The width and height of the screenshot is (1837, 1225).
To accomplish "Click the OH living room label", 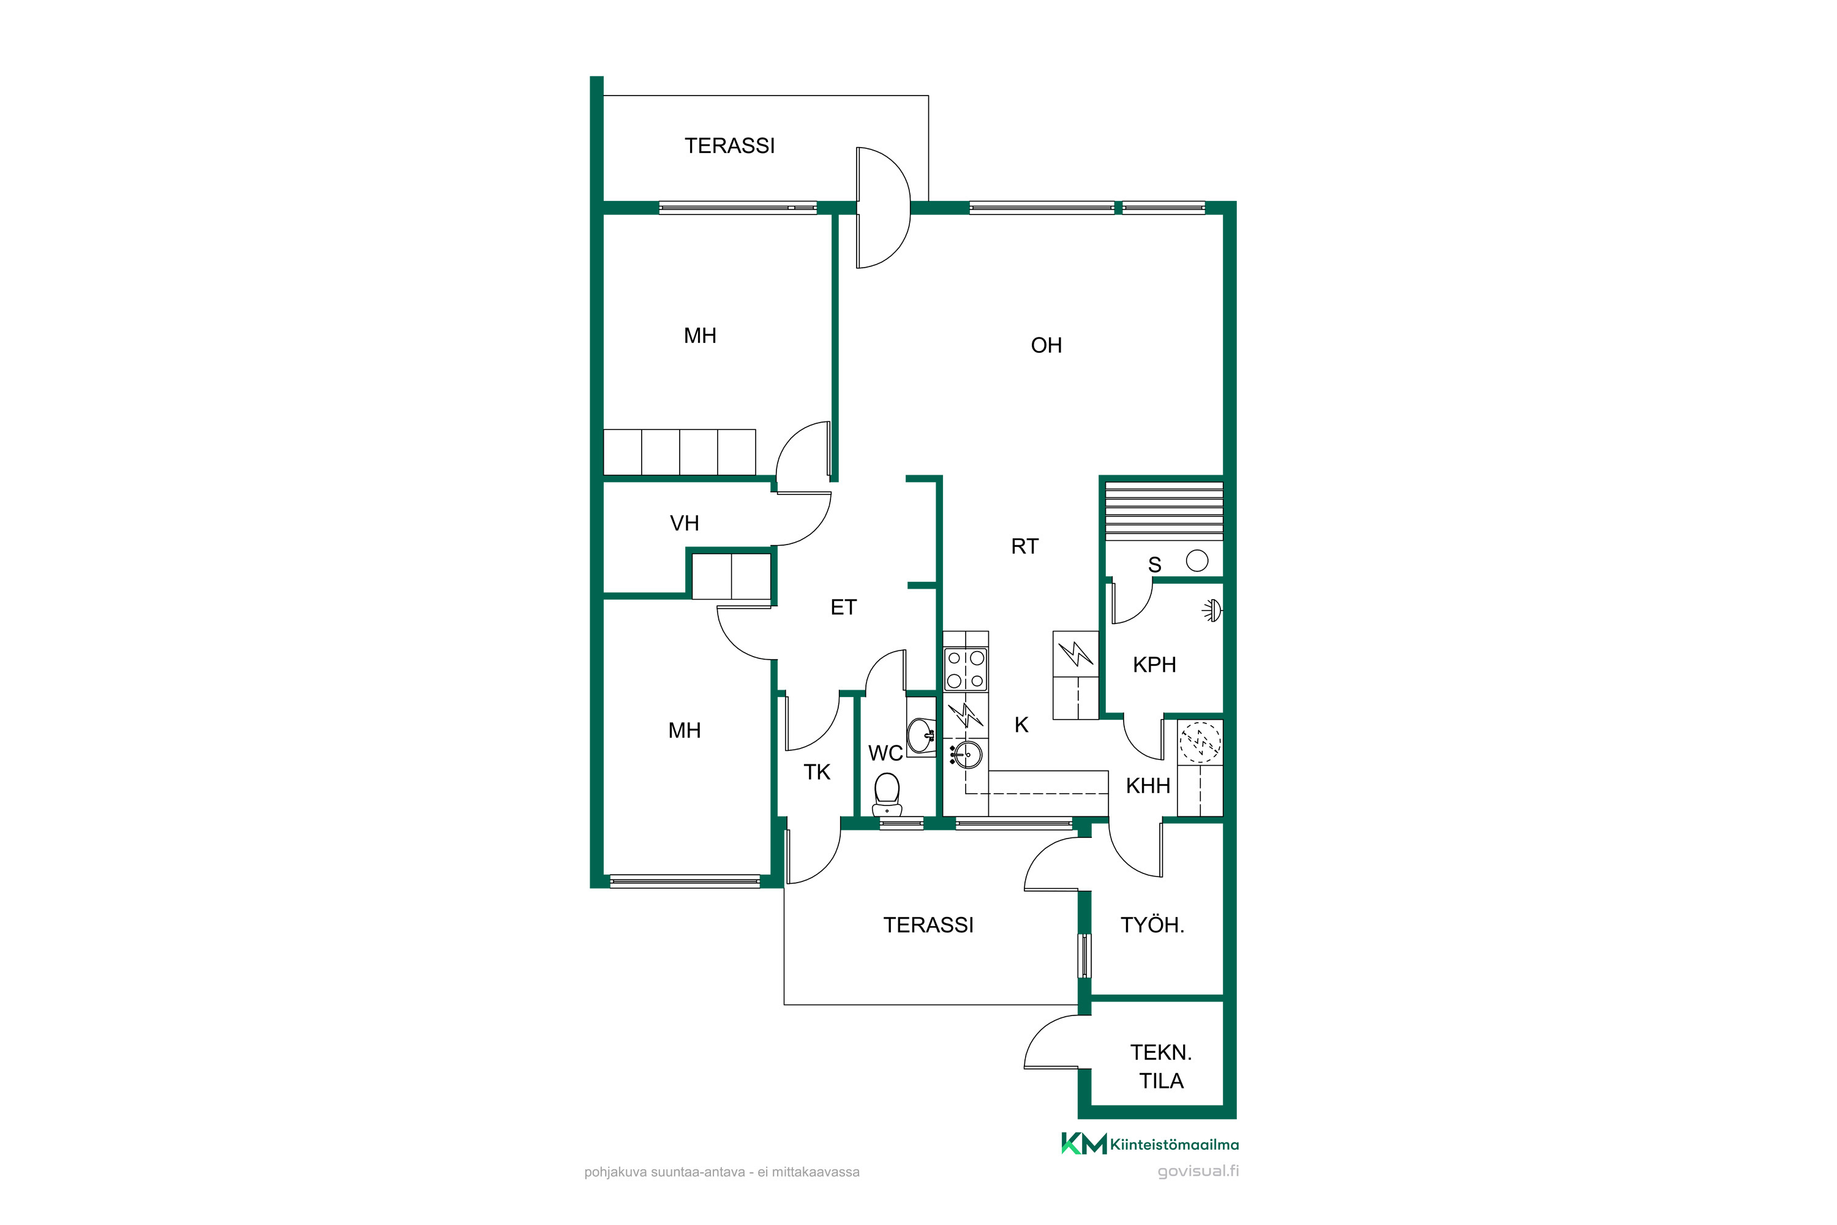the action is pos(1046,345).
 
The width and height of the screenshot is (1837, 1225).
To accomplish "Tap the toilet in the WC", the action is pos(887,794).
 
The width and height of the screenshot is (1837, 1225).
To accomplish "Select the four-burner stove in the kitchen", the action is pos(966,669).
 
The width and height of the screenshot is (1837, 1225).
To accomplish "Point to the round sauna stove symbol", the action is pos(1196,560).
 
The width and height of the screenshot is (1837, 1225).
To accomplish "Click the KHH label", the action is pos(1148,786).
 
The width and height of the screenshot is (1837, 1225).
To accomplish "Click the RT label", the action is pos(1024,546).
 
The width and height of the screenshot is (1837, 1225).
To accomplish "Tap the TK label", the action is pos(817,772).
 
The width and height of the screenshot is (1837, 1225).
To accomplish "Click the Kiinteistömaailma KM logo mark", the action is pos(1083,1143).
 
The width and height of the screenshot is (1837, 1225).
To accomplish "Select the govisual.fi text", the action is pos(1198,1171).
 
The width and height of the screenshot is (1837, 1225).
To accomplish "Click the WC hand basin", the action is pos(921,734).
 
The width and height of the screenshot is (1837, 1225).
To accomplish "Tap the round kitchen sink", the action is pos(966,755).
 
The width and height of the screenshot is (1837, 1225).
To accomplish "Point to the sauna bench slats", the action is pos(1164,510).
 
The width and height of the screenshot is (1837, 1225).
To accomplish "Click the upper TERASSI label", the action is pos(729,146).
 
